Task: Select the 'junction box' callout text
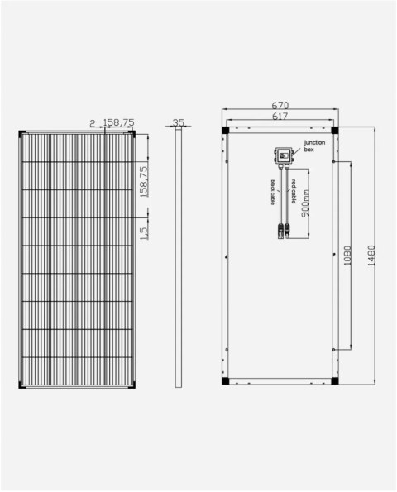point(315,147)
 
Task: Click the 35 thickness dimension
point(179,122)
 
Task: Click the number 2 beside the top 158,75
point(93,122)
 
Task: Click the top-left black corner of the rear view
point(226,131)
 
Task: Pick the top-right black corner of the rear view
point(334,131)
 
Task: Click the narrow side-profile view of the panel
point(179,256)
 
